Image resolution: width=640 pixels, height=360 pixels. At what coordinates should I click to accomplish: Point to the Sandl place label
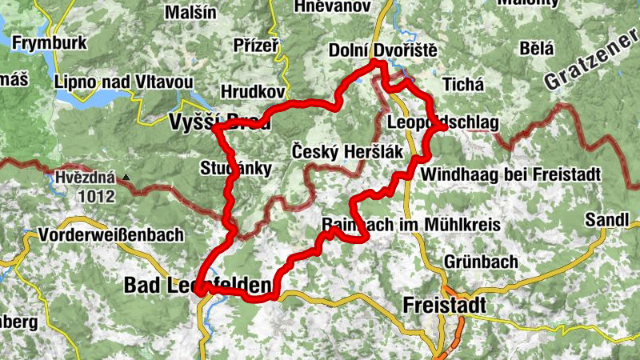click(x=603, y=219)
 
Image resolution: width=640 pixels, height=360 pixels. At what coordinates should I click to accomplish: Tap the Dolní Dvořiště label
click(x=382, y=51)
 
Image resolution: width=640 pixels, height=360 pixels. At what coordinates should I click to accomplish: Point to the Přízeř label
click(x=255, y=47)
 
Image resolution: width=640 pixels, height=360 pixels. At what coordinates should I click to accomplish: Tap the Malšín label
click(x=190, y=13)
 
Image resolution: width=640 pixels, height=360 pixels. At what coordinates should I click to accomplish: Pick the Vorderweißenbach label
click(x=111, y=236)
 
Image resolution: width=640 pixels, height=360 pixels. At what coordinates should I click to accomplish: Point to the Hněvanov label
click(x=331, y=6)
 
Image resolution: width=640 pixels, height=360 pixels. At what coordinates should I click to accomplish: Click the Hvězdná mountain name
click(x=86, y=177)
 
